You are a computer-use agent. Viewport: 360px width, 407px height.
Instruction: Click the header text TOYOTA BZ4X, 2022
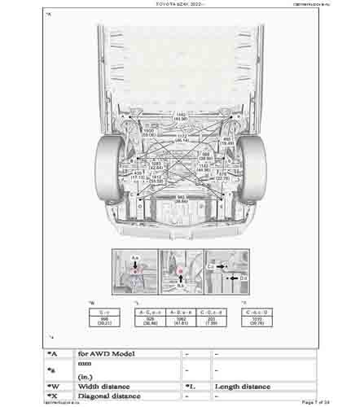[179, 4]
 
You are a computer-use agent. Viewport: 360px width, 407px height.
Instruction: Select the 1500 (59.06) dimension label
[149, 131]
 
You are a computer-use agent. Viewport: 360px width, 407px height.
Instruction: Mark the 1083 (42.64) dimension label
[155, 165]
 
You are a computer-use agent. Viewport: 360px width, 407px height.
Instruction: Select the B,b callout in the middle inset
[179, 286]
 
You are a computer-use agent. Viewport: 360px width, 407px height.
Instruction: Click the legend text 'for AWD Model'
[106, 354]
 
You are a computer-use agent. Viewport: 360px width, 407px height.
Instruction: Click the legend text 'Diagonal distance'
[110, 396]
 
